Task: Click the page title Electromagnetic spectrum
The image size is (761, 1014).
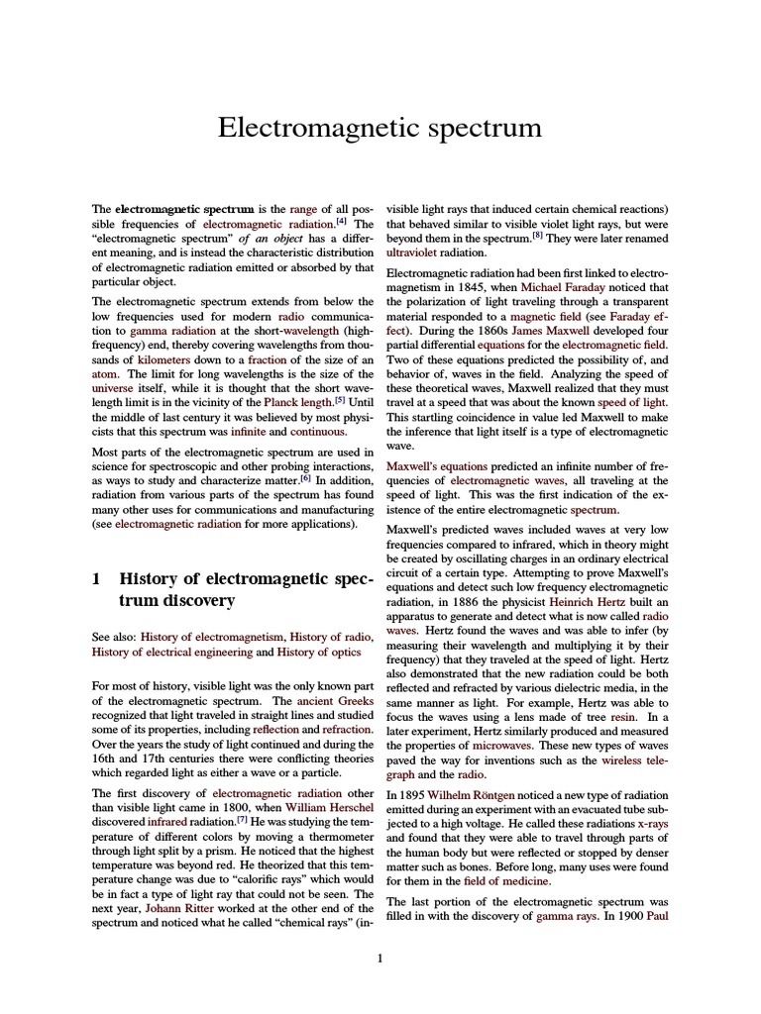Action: tap(380, 128)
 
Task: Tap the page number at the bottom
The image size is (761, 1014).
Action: tap(380, 958)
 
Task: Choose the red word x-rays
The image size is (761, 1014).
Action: tap(653, 823)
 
